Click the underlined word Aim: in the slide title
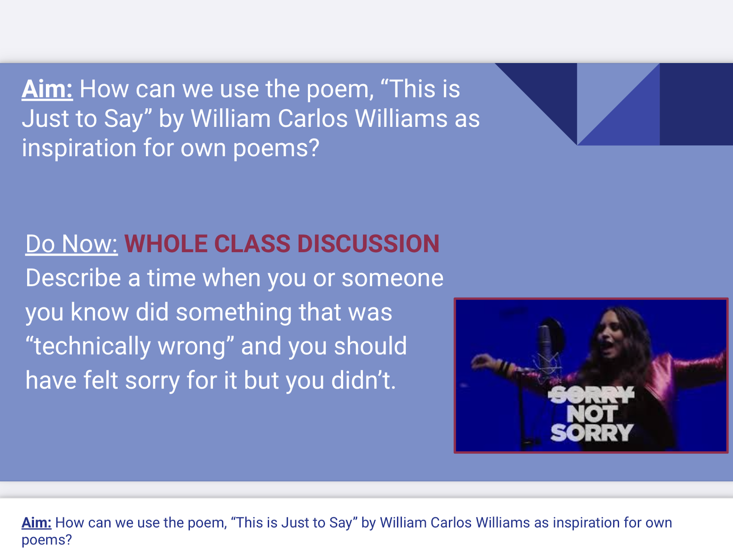pos(47,89)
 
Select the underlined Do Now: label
pos(71,244)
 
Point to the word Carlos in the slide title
pos(312,119)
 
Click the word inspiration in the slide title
pos(79,148)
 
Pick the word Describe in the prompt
pos(73,278)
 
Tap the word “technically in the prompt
pos(88,346)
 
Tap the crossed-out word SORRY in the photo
pos(591,395)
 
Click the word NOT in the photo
pos(592,414)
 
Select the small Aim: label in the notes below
pos(36,522)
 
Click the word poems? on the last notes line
pos(46,540)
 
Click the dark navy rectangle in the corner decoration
pos(696,104)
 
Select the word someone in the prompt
pos(392,279)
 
